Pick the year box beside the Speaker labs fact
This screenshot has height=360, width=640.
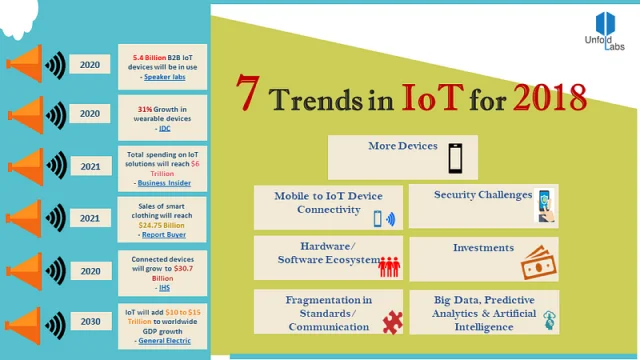90,65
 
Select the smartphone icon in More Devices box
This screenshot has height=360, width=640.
456,157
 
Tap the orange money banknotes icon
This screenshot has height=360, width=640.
535,263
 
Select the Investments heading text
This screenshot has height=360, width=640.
483,247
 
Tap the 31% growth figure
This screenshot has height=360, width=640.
144,106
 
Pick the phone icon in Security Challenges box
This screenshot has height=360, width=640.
546,205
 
